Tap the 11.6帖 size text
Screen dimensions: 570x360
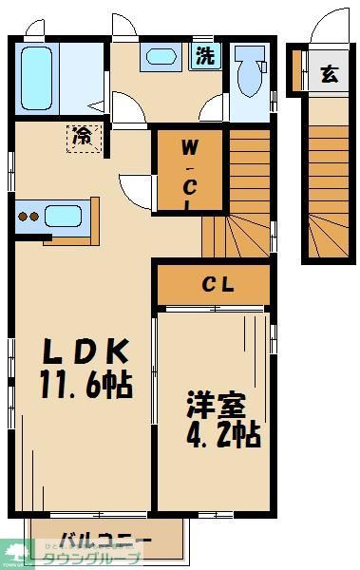[x=85, y=385]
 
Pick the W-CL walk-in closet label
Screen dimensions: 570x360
[x=190, y=174]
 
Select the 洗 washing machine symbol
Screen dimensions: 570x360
[x=204, y=56]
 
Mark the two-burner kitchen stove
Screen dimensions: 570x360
[x=28, y=216]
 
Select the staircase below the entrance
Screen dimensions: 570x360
[x=329, y=190]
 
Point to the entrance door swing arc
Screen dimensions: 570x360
[x=328, y=24]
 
